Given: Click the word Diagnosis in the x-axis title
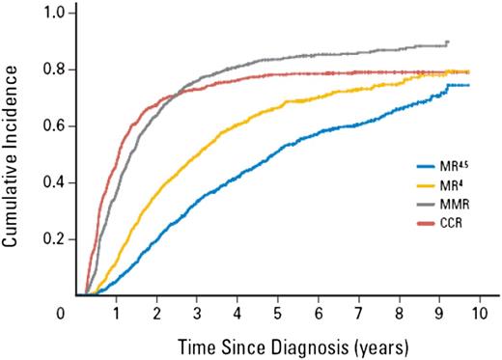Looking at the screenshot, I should [295, 344].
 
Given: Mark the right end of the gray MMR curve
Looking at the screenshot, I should [448, 42].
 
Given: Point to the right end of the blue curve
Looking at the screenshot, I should [469, 85].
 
